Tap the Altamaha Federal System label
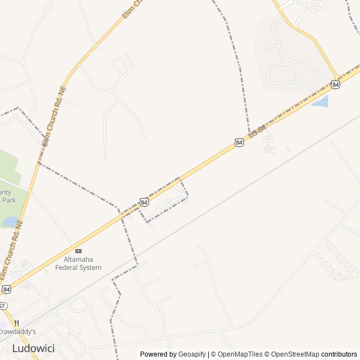(x=78, y=263)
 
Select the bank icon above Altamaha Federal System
(x=78, y=250)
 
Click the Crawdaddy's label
(x=18, y=332)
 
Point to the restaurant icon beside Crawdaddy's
(x=16, y=323)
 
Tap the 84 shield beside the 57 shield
(x=6, y=289)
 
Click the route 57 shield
(x=2, y=306)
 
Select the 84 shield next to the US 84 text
(x=240, y=143)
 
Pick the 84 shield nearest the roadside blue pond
(x=336, y=84)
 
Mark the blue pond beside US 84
(x=321, y=102)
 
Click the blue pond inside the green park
(x=11, y=222)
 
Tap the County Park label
(x=7, y=196)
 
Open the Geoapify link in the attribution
(x=192, y=354)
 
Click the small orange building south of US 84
(x=268, y=148)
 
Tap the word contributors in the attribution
(x=339, y=354)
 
